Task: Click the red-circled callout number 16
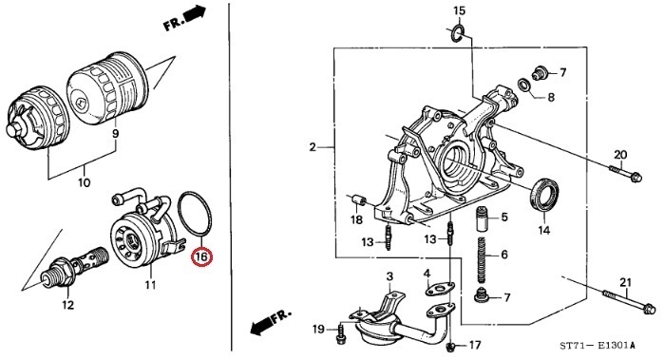201,256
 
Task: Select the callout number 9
115,134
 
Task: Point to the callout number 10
85,182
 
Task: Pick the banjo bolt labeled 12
75,265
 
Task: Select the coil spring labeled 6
483,260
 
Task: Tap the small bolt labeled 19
340,333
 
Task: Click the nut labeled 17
451,348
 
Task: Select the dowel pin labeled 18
359,199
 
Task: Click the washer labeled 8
526,85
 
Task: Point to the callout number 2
313,147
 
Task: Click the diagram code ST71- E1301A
598,346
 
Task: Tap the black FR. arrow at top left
184,19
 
